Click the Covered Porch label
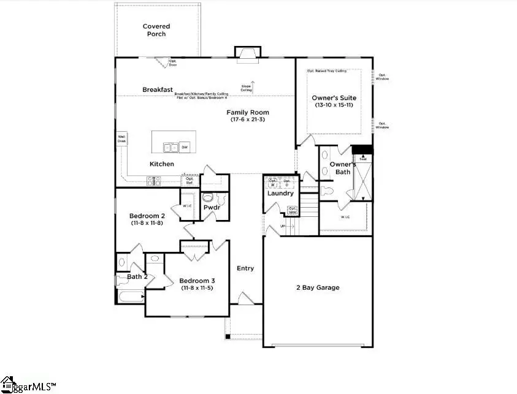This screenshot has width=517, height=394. point(156,30)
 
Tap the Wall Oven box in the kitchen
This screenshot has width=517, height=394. point(121,139)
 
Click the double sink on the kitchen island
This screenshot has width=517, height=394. point(170,147)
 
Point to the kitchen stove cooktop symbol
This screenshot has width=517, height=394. point(153,180)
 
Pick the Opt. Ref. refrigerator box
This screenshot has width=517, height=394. point(190,180)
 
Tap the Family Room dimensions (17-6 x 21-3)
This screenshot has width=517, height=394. point(248,119)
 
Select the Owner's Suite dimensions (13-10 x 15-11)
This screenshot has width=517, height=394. point(334,105)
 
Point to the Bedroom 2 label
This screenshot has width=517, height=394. point(147,216)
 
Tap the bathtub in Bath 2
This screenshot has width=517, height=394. point(129,297)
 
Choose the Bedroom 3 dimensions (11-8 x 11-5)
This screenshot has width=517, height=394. point(197,288)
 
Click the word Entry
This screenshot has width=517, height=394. point(245,268)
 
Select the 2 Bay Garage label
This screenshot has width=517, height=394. point(317,287)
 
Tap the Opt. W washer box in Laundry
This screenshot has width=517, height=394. point(272,183)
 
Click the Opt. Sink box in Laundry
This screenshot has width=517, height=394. point(293,211)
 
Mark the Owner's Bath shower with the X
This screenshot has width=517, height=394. point(364,178)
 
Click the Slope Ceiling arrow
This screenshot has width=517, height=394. point(252,85)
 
